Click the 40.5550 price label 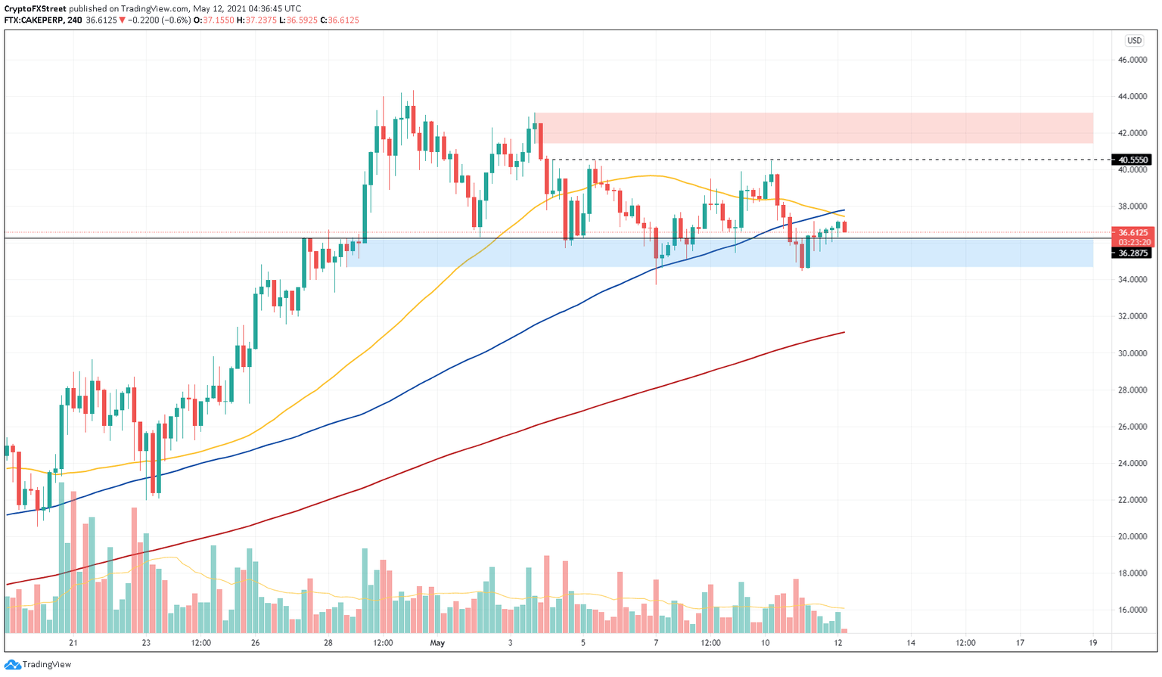(1132, 160)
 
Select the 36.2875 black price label (1132, 253)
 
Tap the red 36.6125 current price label (1132, 233)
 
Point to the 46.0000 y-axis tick (1132, 60)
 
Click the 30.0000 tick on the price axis (1132, 353)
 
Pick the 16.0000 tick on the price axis (1132, 610)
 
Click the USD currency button (1133, 41)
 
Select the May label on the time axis (437, 643)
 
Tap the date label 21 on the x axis (73, 643)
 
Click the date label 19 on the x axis (1093, 643)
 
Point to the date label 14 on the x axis (911, 643)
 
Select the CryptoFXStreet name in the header (35, 9)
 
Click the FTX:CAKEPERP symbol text (33, 20)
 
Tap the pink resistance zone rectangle (813, 128)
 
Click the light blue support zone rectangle (719, 253)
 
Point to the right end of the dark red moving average (844, 332)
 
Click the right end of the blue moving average (844, 210)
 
